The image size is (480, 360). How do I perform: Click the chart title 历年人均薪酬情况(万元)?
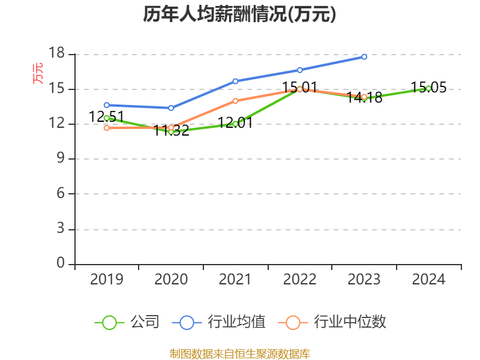pyautogui.click(x=239, y=14)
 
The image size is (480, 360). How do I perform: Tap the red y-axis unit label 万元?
pyautogui.click(x=38, y=73)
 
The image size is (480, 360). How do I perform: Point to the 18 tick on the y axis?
pyautogui.click(x=56, y=53)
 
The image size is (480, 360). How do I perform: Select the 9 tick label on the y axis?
pyautogui.click(x=60, y=158)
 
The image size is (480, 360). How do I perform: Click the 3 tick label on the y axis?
pyautogui.click(x=60, y=229)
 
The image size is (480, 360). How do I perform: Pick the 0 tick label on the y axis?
pyautogui.click(x=60, y=263)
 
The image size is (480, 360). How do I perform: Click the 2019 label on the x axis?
pyautogui.click(x=106, y=279)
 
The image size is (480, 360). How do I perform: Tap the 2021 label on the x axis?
pyautogui.click(x=235, y=279)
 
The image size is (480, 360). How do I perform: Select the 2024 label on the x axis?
pyautogui.click(x=428, y=279)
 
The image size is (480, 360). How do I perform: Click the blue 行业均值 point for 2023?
pyautogui.click(x=364, y=56)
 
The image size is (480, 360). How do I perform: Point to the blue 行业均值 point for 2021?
pyautogui.click(x=235, y=81)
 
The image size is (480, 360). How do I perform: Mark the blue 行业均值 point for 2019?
pyautogui.click(x=106, y=105)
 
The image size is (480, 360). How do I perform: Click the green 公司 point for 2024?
pyautogui.click(x=428, y=88)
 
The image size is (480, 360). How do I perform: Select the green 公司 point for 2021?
pyautogui.click(x=235, y=124)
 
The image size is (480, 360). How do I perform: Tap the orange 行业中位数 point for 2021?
pyautogui.click(x=235, y=101)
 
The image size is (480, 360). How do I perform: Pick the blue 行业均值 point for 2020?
pyautogui.click(x=171, y=108)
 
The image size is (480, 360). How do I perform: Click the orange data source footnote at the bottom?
pyautogui.click(x=239, y=353)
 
